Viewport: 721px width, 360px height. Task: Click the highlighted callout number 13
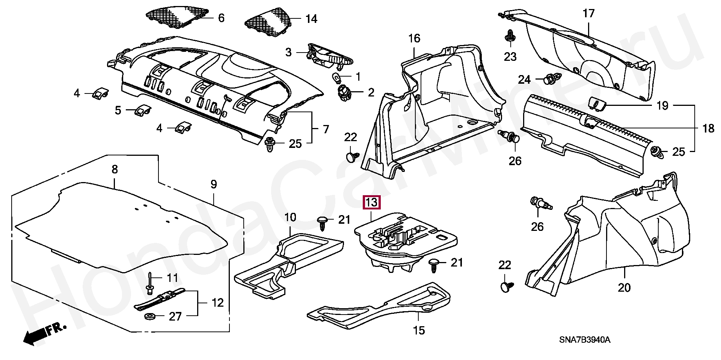(371, 203)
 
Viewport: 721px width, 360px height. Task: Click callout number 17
(588, 14)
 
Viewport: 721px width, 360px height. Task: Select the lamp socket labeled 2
(344, 92)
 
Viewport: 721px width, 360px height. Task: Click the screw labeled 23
(510, 36)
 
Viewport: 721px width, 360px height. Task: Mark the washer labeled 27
(151, 316)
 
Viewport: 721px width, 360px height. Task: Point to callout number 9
(213, 184)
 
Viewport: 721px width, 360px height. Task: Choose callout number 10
(290, 218)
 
